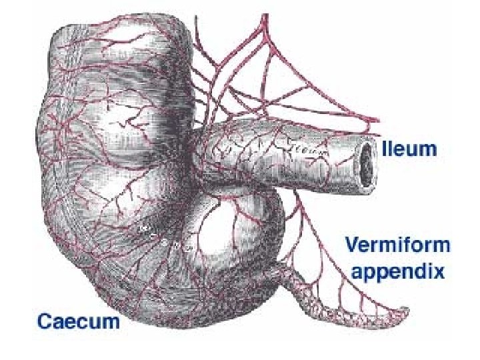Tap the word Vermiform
click(397, 246)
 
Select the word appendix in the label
click(398, 271)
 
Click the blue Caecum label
click(79, 321)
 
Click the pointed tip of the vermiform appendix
click(407, 309)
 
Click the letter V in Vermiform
click(351, 246)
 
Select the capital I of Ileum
click(384, 148)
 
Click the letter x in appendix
click(439, 271)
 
